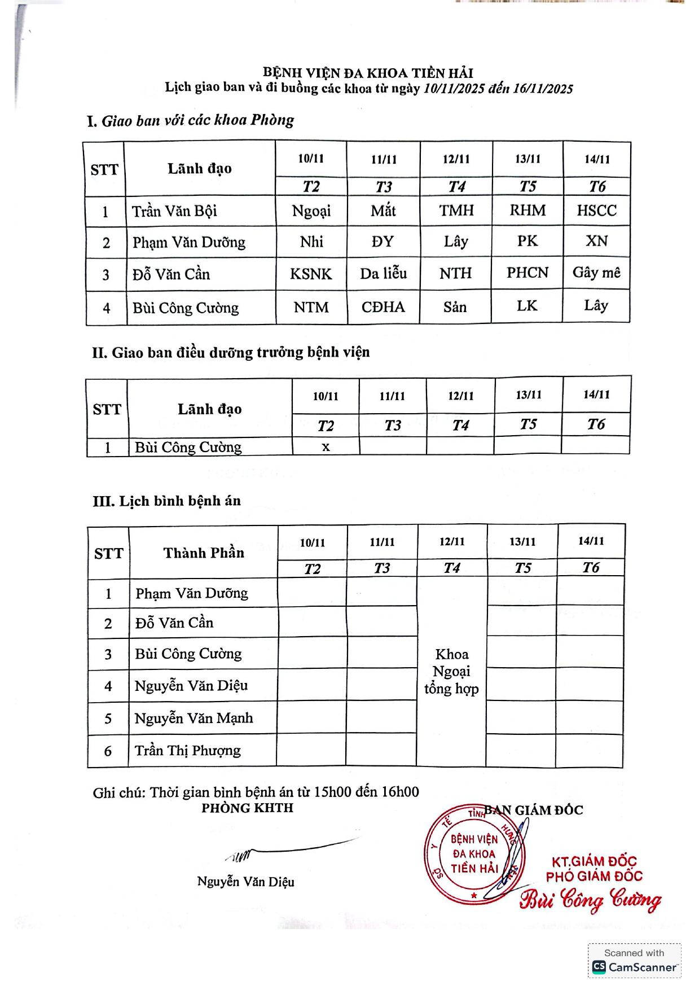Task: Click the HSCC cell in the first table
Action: coord(596,211)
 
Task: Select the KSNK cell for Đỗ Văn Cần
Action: coord(311,274)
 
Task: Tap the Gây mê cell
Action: coord(596,273)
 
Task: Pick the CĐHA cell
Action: coord(383,308)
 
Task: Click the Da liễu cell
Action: coord(383,274)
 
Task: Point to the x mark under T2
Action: coord(326,447)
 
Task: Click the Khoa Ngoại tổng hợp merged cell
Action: coord(451,672)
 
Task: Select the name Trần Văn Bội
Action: coord(174,212)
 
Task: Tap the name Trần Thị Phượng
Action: coord(187,751)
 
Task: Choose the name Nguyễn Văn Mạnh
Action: coord(194,719)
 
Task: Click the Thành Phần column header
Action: coord(204,553)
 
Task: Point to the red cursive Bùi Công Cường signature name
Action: coord(590,900)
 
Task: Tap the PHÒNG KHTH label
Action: coord(247,808)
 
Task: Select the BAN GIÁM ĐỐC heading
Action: coord(534,811)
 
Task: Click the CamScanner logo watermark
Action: coord(635,967)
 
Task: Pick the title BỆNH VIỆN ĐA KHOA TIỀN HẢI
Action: coord(368,73)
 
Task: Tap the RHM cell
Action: coord(527,211)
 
